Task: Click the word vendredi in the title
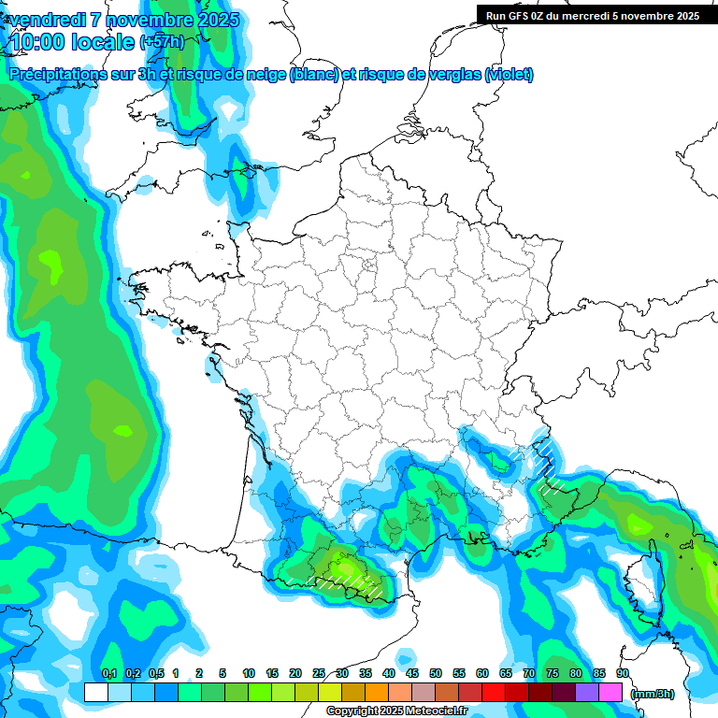(48, 20)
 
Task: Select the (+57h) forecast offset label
(162, 42)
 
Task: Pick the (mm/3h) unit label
(653, 694)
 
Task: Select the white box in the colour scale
(95, 693)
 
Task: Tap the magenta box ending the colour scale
(610, 693)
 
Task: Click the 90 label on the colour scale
(622, 673)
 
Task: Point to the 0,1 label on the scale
(108, 673)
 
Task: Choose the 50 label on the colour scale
(436, 673)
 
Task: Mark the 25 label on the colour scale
(319, 673)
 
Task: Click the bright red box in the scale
(493, 693)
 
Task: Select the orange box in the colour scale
(376, 693)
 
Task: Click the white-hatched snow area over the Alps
(546, 467)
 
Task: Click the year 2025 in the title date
(216, 20)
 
